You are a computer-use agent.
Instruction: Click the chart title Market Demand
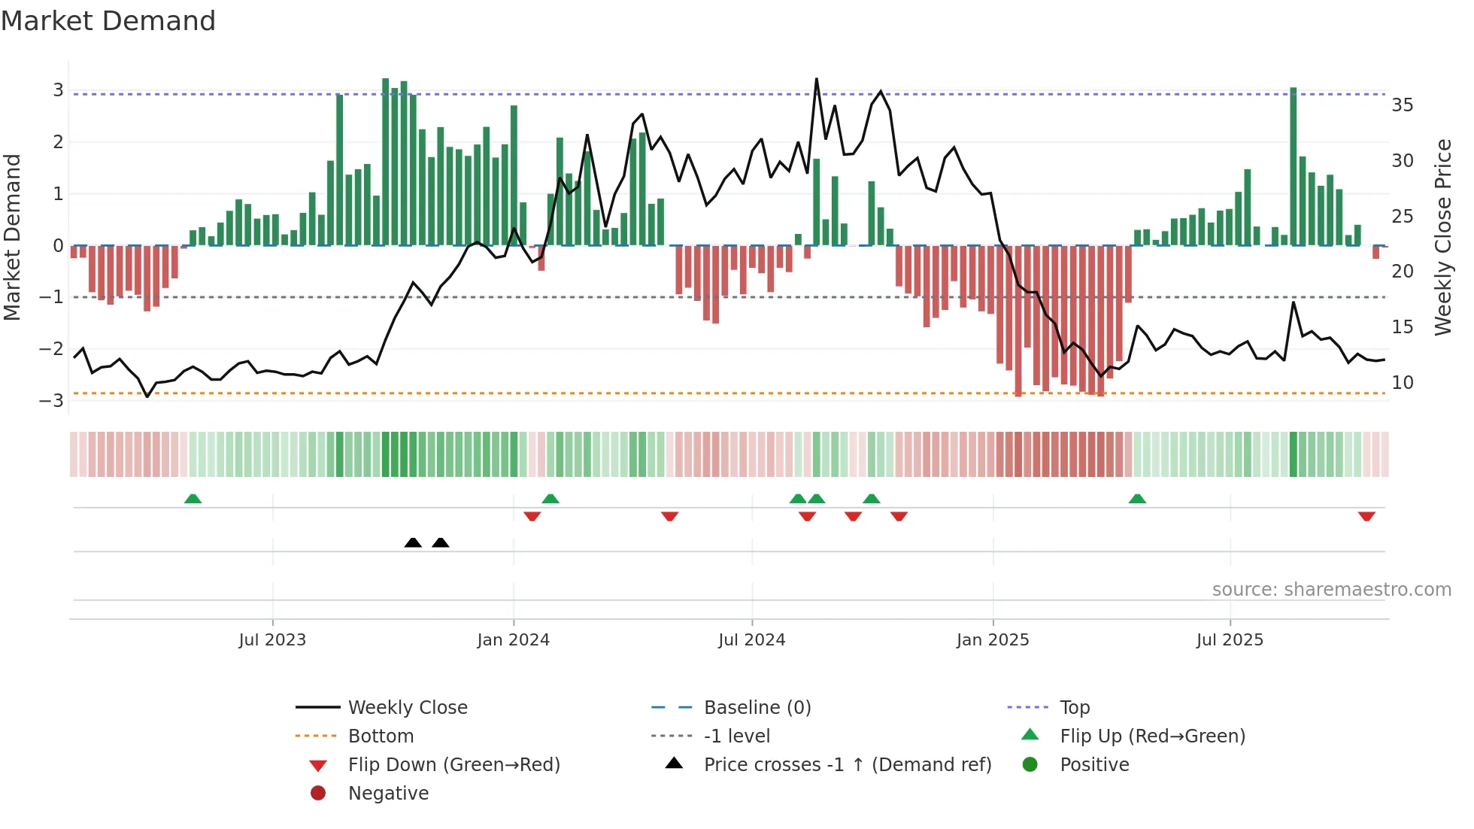pos(108,20)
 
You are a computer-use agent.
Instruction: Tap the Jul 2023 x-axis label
pos(272,640)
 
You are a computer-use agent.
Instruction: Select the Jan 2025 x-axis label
pos(993,640)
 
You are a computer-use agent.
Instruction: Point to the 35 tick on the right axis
pos(1402,105)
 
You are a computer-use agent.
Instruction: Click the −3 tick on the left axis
pos(52,400)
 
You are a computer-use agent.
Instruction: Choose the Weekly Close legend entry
pos(407,707)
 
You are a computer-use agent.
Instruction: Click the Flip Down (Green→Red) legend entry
pos(453,764)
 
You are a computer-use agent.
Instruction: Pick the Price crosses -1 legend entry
pos(847,764)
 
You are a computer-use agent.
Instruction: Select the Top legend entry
pos(1075,707)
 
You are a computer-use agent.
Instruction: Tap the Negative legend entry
pos(388,793)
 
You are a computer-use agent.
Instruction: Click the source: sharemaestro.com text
pos(1331,589)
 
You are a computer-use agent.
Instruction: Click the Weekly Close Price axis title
pos(1442,237)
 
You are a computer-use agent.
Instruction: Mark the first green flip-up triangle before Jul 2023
pos(193,499)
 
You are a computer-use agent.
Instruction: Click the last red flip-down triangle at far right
pos(1366,516)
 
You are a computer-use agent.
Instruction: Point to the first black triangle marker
pos(413,542)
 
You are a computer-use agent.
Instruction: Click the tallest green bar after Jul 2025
pos(1294,165)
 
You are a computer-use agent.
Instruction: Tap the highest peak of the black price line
pos(817,79)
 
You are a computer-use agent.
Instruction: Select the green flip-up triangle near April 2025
pos(1137,499)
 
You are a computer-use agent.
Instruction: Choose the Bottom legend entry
pos(381,736)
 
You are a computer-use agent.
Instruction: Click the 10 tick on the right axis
pos(1402,382)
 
